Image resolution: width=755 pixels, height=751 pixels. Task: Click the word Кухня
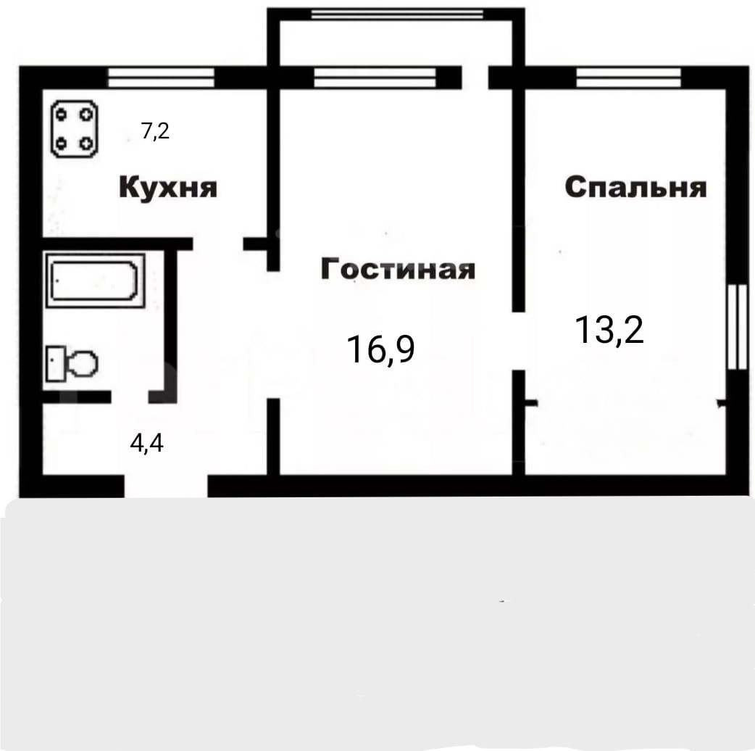[x=168, y=187]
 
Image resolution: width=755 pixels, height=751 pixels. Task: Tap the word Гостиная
[x=398, y=269]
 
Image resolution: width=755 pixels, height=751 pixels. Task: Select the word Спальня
[x=635, y=187]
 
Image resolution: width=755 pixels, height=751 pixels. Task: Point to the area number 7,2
[x=156, y=131]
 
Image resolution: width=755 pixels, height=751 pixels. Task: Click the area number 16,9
[x=380, y=349]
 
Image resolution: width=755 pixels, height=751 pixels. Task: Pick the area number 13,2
[x=609, y=330]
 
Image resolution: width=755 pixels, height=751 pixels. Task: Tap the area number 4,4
[x=147, y=443]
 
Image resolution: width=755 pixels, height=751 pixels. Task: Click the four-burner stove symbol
[x=75, y=129]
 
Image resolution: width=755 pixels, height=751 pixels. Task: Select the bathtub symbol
[x=96, y=281]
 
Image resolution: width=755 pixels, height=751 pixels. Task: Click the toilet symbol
[x=72, y=362]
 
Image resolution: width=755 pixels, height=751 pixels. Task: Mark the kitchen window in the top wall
[x=161, y=78]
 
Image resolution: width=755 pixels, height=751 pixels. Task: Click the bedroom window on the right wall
[x=737, y=327]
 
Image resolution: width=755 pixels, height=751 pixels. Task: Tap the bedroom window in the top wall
[x=629, y=78]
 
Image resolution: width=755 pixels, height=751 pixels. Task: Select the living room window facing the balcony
[x=375, y=78]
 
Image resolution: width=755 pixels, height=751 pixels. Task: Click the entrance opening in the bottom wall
[x=166, y=486]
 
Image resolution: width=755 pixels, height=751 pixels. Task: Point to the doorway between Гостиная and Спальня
[x=518, y=341]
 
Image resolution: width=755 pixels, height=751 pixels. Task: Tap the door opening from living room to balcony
[x=475, y=78]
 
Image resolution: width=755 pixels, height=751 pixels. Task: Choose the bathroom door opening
[x=130, y=397]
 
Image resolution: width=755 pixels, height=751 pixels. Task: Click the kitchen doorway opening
[x=218, y=244]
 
